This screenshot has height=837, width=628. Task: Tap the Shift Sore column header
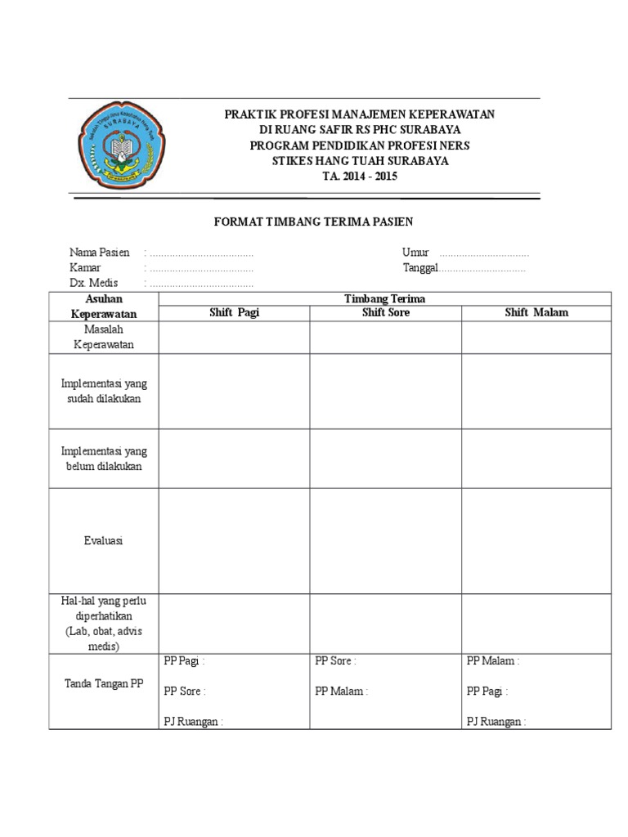(386, 312)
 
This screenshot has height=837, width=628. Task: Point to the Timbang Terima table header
(385, 299)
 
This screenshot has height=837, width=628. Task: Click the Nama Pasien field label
(100, 253)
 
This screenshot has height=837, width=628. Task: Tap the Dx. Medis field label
(94, 283)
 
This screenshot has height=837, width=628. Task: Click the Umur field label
(415, 253)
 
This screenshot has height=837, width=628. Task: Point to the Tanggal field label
(420, 267)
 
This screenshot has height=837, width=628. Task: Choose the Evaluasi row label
(103, 541)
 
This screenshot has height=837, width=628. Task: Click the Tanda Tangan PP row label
(103, 683)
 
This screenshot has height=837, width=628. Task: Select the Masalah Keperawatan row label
(103, 337)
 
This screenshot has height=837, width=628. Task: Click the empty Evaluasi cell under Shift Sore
(386, 541)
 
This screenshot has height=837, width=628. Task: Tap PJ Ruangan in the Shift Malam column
(496, 722)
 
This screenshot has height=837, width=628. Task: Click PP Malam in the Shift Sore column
(342, 691)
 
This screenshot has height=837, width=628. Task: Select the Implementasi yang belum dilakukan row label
(104, 459)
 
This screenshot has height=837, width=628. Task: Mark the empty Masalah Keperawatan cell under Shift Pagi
(234, 337)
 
